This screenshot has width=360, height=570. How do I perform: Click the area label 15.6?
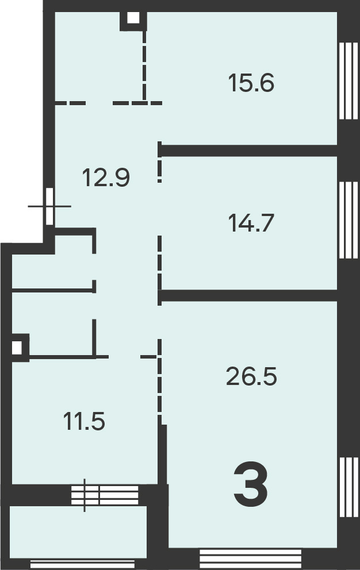[251, 83]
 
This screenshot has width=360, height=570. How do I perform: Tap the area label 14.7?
[251, 223]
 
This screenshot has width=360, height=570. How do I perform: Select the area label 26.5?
[251, 376]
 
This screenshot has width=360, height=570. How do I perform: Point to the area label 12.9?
[106, 178]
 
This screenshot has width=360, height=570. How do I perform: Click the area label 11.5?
[84, 421]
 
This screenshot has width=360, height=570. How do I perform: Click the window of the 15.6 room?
[348, 81]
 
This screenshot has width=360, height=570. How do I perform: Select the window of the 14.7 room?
[348, 220]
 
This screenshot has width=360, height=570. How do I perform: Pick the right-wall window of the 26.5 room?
[348, 487]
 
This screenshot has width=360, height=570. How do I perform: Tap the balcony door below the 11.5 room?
[105, 495]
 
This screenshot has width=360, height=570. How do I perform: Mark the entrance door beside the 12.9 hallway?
[50, 206]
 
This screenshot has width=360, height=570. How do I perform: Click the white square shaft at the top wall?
[133, 18]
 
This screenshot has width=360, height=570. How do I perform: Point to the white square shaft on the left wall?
[17, 348]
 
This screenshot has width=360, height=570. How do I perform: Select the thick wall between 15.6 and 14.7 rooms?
[249, 151]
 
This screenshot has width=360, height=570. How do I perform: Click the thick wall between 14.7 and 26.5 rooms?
[249, 295]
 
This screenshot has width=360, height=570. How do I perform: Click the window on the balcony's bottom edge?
[82, 564]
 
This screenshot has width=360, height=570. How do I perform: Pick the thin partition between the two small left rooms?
[53, 290]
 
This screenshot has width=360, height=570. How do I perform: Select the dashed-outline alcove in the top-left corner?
[99, 57]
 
